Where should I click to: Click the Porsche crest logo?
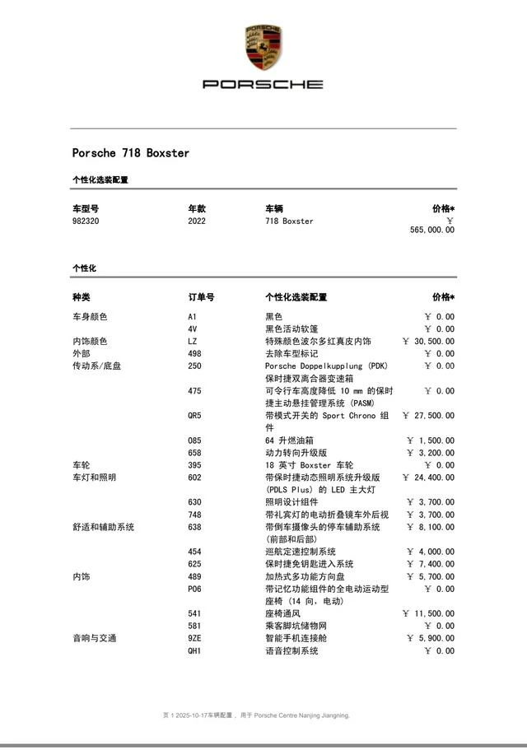[x=263, y=48]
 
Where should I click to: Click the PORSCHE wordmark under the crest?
[x=263, y=84]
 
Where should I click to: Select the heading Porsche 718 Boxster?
[x=131, y=153]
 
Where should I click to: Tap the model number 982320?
[x=86, y=221]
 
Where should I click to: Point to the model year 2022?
[x=197, y=221]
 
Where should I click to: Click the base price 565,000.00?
[x=431, y=231]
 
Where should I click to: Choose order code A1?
[x=193, y=317]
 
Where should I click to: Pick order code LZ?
[x=193, y=342]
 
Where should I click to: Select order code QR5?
[x=195, y=416]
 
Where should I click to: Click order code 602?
[x=195, y=477]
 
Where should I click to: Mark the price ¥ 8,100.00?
[x=431, y=527]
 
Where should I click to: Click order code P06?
[x=195, y=589]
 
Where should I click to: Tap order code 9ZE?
[x=195, y=639]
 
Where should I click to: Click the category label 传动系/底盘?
[x=96, y=366]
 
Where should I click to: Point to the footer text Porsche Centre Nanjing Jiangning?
[x=301, y=715]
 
